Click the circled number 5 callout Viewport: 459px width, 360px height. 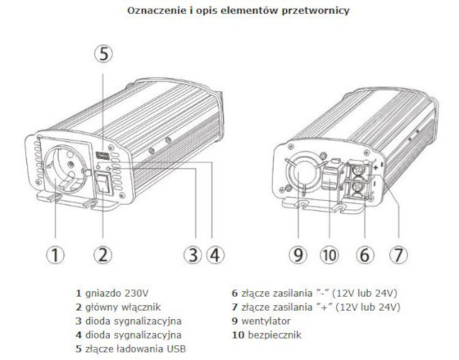coord(103,54)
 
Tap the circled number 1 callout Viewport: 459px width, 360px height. coord(56,254)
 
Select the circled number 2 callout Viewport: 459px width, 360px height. coord(102,254)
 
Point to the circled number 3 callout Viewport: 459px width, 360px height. coord(193,254)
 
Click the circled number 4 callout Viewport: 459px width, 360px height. coord(215,254)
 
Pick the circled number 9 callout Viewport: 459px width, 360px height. coord(298,254)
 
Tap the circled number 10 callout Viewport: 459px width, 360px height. coord(329,254)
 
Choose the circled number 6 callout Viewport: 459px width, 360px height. coord(365,254)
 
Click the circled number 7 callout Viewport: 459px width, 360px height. coord(398,254)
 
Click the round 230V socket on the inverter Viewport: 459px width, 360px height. coord(66,171)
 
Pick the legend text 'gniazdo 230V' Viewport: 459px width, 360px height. coord(116,293)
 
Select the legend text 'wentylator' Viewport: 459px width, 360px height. coord(266,321)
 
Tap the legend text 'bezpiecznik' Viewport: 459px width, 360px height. coord(275,335)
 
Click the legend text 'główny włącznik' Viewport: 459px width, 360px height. coord(123,307)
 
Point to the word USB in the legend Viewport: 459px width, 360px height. coord(176,349)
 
